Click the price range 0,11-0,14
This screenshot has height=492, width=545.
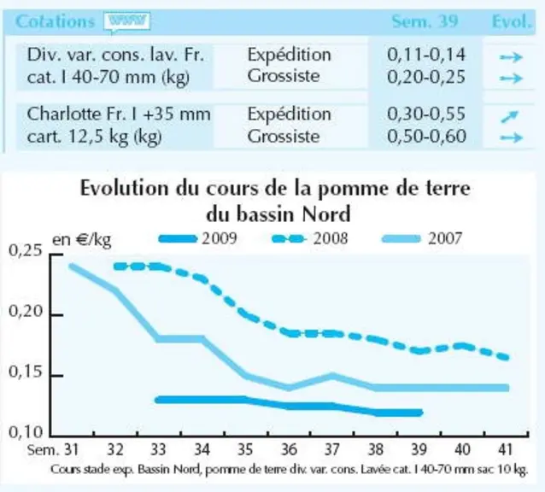point(425,55)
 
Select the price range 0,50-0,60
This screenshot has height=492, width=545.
point(426,136)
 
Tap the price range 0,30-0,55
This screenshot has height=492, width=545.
point(425,114)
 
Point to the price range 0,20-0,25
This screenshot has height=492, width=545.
point(425,77)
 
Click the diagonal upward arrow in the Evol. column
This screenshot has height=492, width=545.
point(509,117)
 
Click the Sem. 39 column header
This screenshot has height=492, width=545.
point(425,21)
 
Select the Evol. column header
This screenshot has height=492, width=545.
point(512,21)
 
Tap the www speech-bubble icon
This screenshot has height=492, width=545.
point(127,22)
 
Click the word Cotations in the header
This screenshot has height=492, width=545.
point(55,21)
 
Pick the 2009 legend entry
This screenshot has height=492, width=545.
point(198,238)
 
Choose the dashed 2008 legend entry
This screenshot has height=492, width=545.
point(309,238)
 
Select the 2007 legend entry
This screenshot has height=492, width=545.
point(422,238)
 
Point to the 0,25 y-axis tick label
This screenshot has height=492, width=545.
point(26,250)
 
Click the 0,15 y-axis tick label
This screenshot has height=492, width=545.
point(26,372)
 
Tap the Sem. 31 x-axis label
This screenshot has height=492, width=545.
point(53,450)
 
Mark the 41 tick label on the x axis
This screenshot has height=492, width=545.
point(506,450)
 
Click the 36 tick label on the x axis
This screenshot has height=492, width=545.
point(289,450)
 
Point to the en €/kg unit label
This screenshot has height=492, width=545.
point(82,240)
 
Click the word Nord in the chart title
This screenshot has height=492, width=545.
point(326,214)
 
